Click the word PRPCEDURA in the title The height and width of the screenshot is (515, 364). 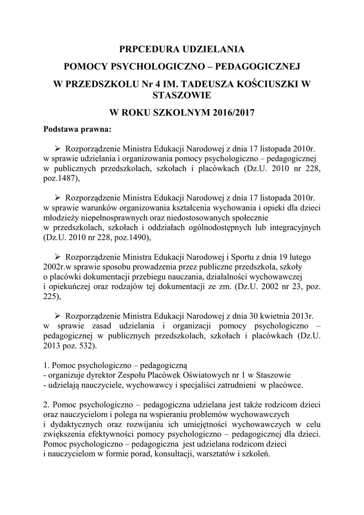coord(146,49)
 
